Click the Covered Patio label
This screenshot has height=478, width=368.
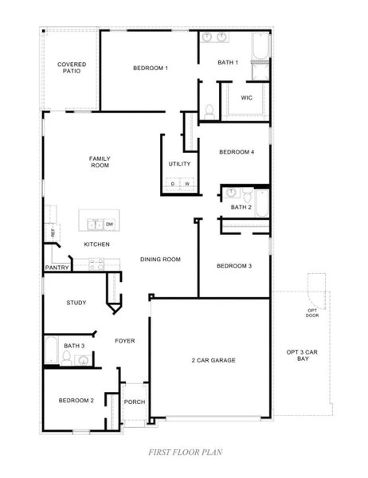click(71, 68)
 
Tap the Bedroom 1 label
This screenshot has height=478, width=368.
click(150, 69)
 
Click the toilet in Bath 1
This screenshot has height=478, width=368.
click(209, 110)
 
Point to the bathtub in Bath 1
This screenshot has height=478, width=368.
click(261, 49)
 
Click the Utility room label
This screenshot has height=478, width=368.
click(179, 164)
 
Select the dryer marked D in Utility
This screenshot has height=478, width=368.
click(173, 184)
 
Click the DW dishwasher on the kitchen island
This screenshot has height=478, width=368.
click(109, 225)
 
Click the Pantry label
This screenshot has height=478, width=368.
click(57, 268)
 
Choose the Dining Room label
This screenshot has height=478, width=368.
click(160, 259)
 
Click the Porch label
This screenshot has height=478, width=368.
click(135, 402)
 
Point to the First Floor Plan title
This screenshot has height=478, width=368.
click(183, 452)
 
